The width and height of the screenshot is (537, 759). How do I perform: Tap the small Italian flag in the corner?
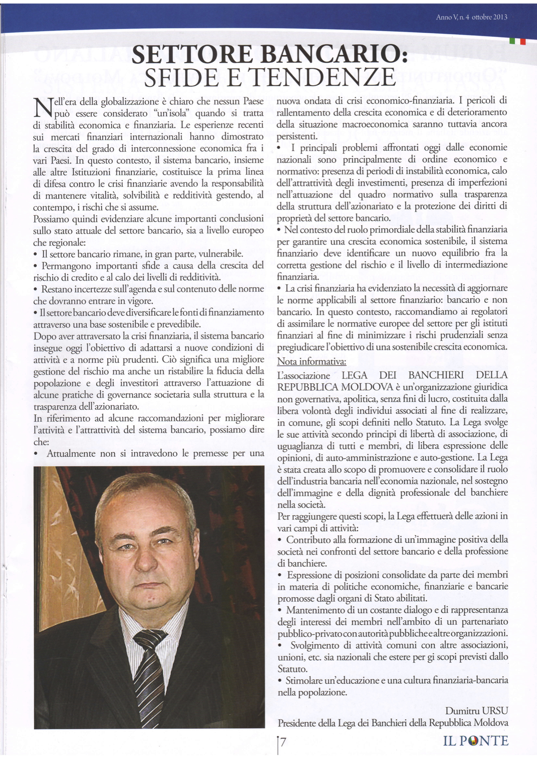tap(518, 42)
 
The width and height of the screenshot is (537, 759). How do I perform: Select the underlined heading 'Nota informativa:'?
tap(311, 362)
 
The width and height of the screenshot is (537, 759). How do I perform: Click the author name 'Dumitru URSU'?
tap(476, 711)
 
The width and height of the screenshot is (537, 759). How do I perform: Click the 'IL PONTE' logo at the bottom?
tap(476, 741)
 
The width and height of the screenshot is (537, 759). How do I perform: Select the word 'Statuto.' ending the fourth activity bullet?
tap(292, 669)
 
